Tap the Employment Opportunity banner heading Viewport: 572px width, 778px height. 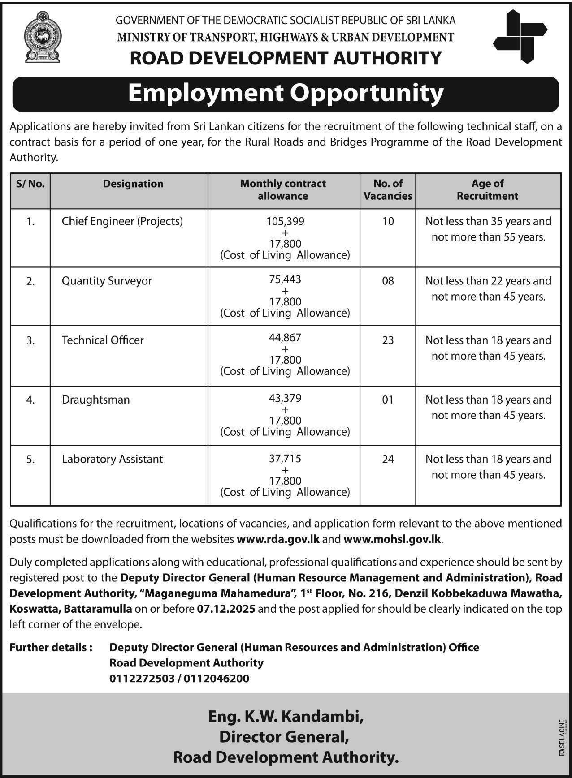286,94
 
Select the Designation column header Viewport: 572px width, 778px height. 133,184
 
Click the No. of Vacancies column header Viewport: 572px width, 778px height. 388,189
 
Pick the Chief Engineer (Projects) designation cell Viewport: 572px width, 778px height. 122,221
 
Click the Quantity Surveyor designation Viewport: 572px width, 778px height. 107,281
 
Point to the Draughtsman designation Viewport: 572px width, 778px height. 96,400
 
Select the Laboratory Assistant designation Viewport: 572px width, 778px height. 113,459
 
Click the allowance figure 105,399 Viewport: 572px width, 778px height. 285,221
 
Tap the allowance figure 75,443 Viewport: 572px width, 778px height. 285,279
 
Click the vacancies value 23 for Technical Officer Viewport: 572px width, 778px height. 388,340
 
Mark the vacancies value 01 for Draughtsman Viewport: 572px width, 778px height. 388,400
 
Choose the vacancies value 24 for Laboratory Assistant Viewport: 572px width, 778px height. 388,459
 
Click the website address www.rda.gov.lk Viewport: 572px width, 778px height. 278,539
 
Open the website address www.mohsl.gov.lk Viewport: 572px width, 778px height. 392,539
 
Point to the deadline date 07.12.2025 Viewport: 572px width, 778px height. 226,609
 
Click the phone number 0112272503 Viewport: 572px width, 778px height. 142,679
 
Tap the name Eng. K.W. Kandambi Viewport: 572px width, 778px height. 286,717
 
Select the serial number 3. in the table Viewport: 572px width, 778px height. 30,341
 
